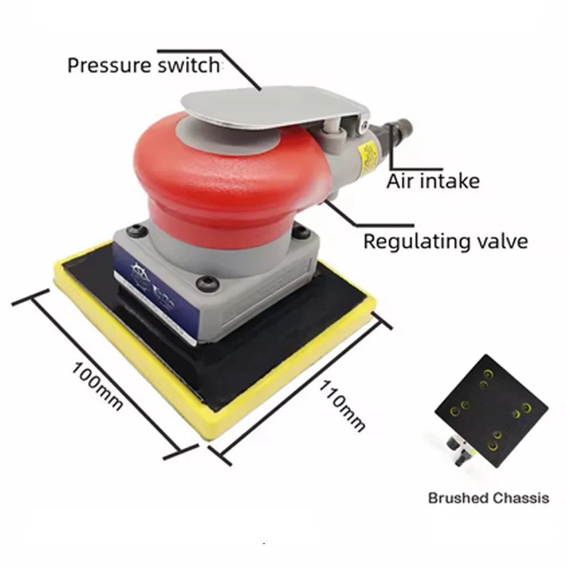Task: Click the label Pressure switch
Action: (x=143, y=65)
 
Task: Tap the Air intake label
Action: (x=433, y=181)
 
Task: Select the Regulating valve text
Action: (x=445, y=241)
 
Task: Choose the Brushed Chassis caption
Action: (x=488, y=498)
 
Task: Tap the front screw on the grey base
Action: (x=206, y=283)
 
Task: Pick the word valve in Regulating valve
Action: (x=501, y=241)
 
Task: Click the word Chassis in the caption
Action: (x=521, y=498)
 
